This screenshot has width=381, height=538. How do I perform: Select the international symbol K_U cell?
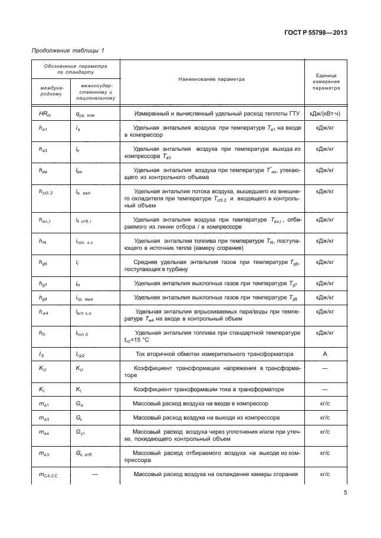point(38,368)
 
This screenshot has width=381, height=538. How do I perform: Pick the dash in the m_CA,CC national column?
point(95,474)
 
